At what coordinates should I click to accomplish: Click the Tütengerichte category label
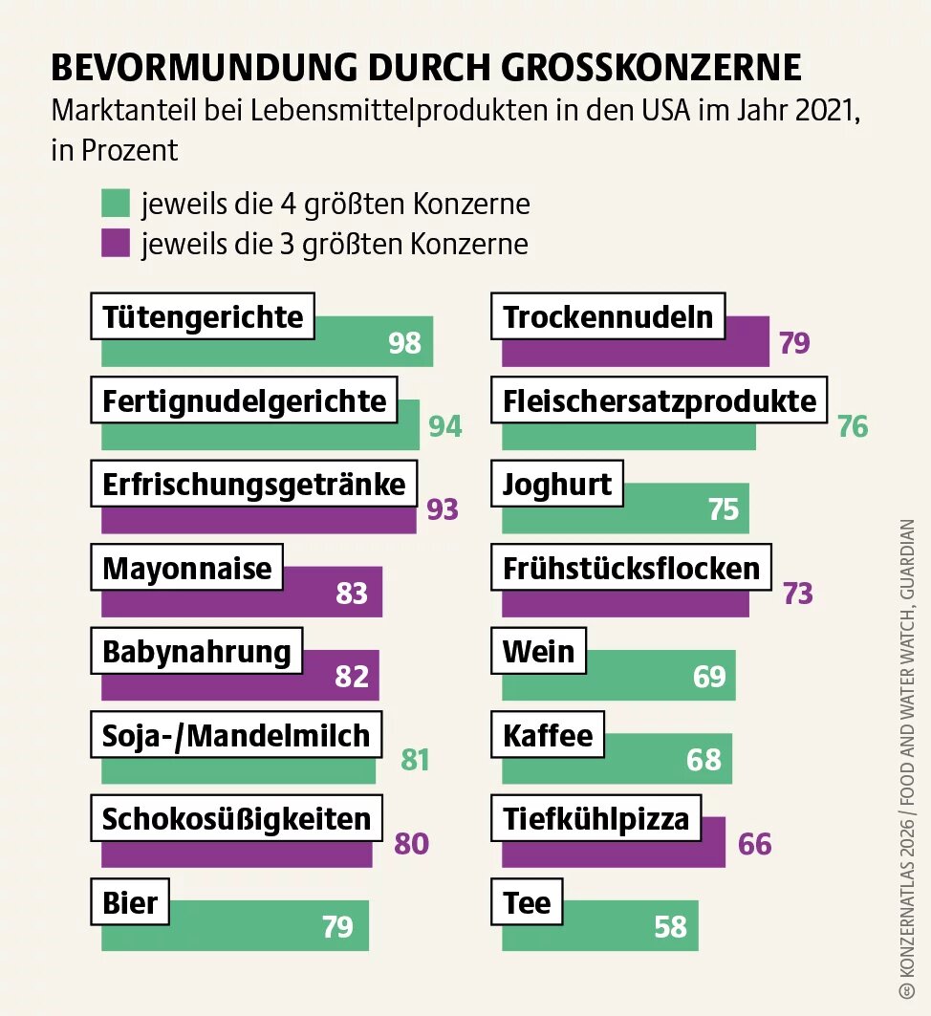coord(202,316)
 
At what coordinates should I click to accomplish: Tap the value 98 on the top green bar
coord(405,343)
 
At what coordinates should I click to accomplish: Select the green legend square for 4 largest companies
coord(116,204)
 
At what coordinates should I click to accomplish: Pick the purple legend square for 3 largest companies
coord(116,244)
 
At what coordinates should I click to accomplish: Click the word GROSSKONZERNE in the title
coord(651,69)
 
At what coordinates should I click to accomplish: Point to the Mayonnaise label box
coord(187,569)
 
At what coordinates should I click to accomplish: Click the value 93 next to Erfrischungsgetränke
coord(443,509)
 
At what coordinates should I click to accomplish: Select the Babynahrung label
coord(196,652)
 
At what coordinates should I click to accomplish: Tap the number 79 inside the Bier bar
coord(337,926)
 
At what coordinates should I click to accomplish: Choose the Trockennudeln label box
coord(608,316)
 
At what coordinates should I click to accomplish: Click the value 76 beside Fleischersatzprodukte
coord(853,426)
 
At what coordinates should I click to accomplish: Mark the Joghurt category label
coord(557,485)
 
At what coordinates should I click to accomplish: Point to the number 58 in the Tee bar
coord(671,926)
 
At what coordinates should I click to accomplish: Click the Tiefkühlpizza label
coord(595,819)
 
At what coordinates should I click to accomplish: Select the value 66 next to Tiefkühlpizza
coord(754,844)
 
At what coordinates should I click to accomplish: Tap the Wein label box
coord(539,652)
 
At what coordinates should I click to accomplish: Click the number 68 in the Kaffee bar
coord(704,759)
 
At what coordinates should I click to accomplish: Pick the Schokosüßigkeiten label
coord(236,819)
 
